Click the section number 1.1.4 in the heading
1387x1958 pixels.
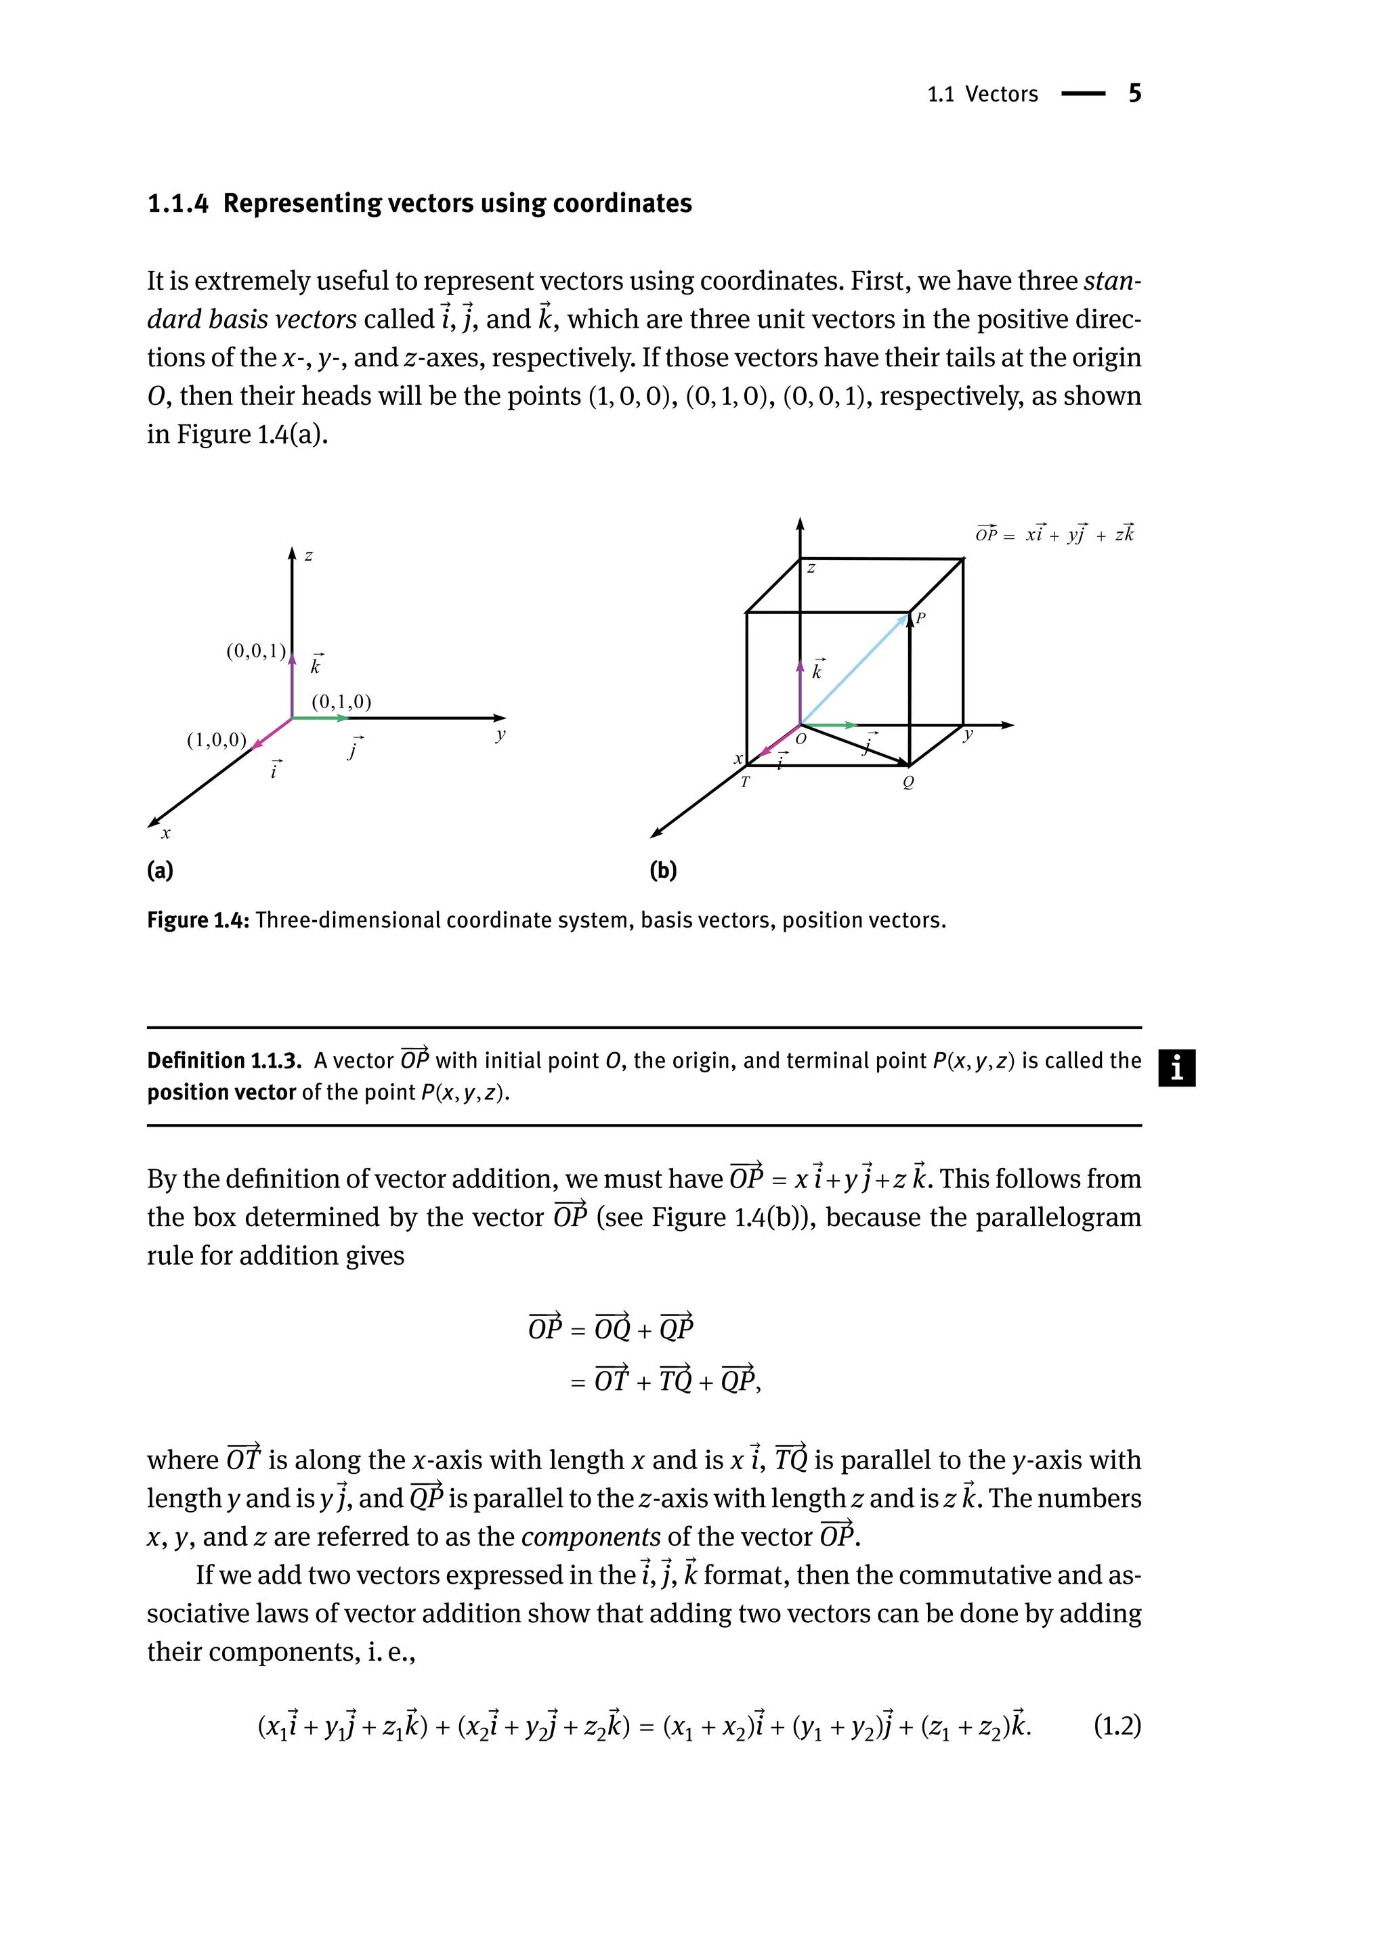tap(177, 204)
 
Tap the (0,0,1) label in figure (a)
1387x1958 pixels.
tap(255, 651)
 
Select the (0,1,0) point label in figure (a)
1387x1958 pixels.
tap(341, 702)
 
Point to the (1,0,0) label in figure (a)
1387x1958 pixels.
tap(216, 739)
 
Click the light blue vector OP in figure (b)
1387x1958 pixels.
tap(854, 669)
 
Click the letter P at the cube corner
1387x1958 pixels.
tap(920, 617)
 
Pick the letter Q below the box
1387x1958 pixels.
tap(908, 782)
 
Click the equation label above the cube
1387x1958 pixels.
tap(1054, 534)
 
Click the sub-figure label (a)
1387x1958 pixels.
tap(160, 870)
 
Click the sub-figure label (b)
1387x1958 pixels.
tap(663, 870)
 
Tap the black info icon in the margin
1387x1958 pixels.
tap(1177, 1068)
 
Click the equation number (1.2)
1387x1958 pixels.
tap(1117, 1726)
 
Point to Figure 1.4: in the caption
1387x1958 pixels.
tap(198, 921)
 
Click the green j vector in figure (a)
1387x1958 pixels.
tap(318, 718)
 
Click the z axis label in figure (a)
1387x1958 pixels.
tap(308, 556)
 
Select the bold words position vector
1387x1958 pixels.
tap(221, 1093)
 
